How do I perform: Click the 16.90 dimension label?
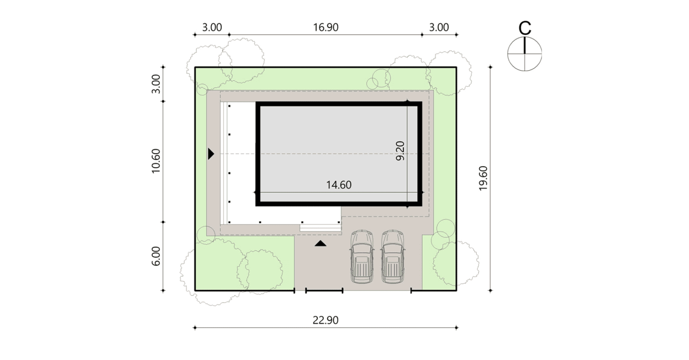coord(326,27)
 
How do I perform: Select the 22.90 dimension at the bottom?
coord(325,320)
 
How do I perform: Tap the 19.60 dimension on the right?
coord(483,178)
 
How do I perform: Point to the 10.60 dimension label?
coord(156,161)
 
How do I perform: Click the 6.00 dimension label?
coord(156,256)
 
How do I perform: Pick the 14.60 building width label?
coord(339,185)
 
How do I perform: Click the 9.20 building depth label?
coord(400,151)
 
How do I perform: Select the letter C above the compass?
coord(525,28)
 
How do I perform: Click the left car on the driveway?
coord(362,257)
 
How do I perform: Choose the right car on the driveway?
coord(393,257)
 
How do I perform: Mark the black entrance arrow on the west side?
coord(211,154)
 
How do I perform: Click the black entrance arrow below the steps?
coord(320,244)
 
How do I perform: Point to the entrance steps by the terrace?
coord(320,228)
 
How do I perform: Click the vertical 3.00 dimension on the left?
coord(156,84)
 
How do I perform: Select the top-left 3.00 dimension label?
coord(212,27)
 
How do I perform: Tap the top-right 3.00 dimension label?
coord(439,27)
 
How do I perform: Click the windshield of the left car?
coord(362,249)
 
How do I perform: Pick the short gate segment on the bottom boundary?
coord(324,290)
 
